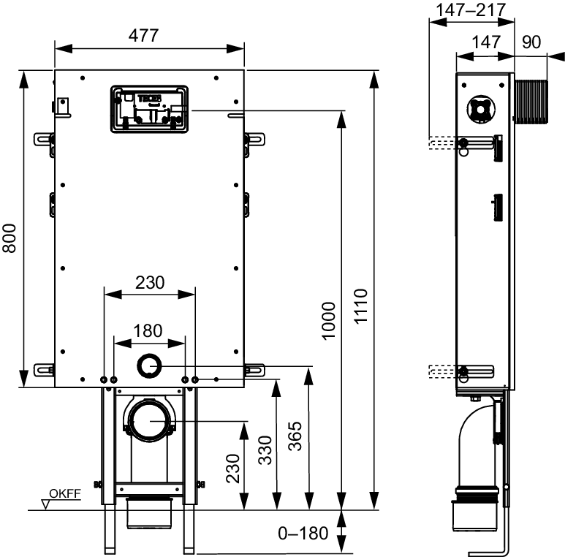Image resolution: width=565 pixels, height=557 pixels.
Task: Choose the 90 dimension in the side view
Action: [x=531, y=42]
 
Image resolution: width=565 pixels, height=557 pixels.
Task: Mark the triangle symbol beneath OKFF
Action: [x=48, y=504]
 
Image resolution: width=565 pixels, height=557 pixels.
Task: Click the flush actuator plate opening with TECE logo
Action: [x=148, y=109]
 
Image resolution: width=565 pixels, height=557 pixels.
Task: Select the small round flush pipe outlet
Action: [x=149, y=365]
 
